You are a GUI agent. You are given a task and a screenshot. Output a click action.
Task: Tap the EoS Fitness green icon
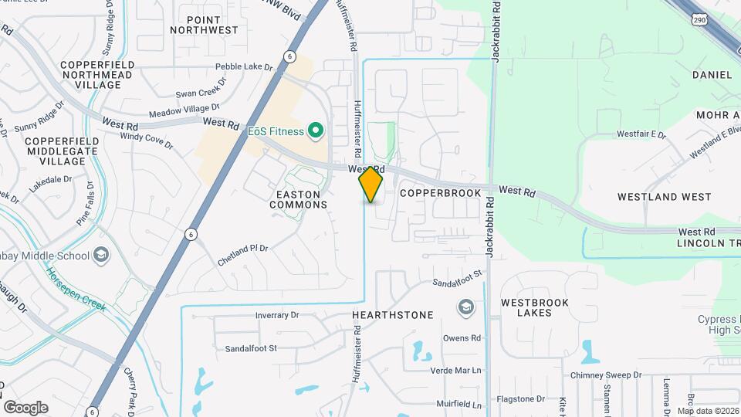(315, 131)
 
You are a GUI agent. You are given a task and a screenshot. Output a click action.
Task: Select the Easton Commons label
(298, 198)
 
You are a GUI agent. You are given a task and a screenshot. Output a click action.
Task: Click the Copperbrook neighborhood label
(441, 192)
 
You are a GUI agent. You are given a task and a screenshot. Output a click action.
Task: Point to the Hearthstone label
(392, 315)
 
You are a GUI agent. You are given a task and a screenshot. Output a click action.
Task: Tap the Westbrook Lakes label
(535, 307)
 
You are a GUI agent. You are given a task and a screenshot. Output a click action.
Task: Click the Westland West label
(664, 197)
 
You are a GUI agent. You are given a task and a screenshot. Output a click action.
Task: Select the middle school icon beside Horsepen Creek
(100, 255)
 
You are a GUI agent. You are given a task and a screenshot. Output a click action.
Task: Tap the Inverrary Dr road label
(276, 315)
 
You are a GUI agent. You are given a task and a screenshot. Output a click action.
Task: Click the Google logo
(25, 407)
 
